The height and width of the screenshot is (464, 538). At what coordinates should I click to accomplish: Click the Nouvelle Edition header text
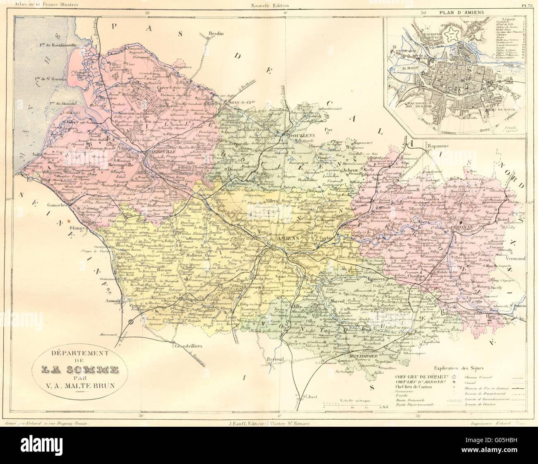269,5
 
